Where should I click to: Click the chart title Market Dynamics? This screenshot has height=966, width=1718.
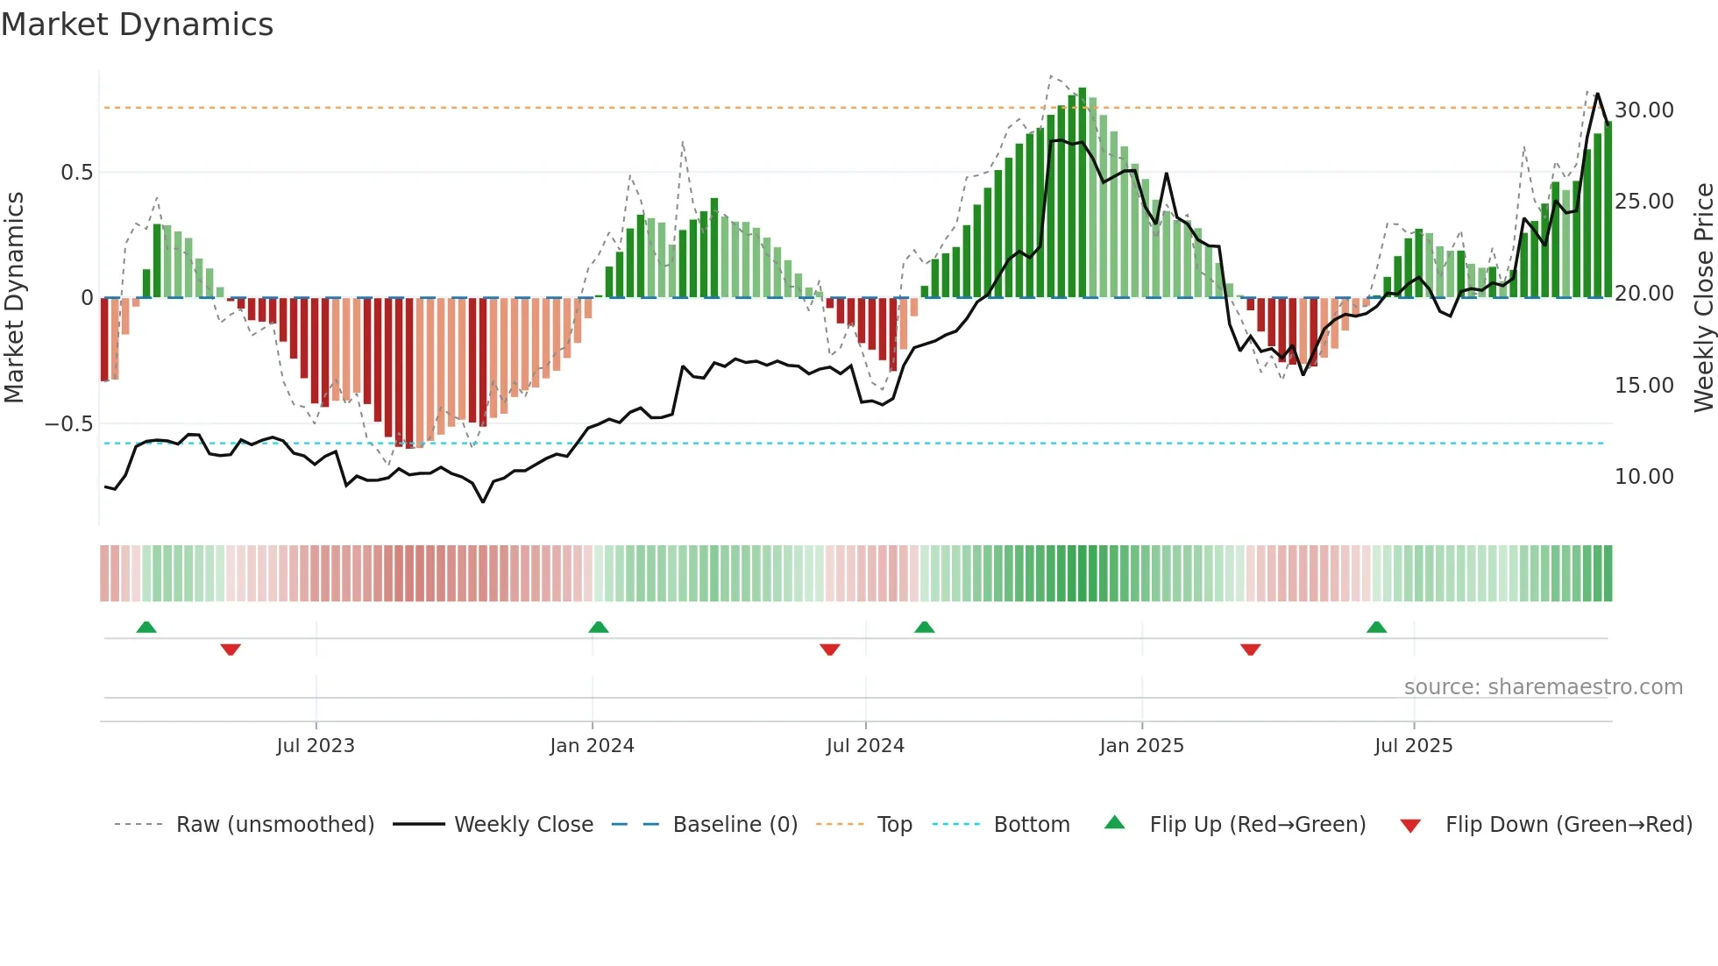(x=137, y=25)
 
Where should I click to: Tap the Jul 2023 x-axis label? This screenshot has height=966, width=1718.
(x=316, y=746)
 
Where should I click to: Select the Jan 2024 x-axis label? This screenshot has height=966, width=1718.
(x=592, y=746)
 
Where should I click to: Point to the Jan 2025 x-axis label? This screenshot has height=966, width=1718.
(x=1141, y=746)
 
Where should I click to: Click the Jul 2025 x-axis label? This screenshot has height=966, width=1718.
(x=1413, y=746)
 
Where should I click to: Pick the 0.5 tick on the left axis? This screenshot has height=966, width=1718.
(x=76, y=173)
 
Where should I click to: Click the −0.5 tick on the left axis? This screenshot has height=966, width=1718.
(x=69, y=424)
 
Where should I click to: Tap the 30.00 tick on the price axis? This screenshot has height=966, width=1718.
(x=1643, y=110)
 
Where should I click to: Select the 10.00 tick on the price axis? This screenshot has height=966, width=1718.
(x=1643, y=477)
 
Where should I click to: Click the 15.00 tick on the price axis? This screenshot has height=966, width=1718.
(x=1643, y=386)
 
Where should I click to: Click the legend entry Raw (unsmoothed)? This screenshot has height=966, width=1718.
(x=274, y=825)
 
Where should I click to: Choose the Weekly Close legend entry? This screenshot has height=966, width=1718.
(x=523, y=825)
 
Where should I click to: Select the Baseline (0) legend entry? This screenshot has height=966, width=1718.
(x=735, y=825)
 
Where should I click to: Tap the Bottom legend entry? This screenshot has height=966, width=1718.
(x=1031, y=825)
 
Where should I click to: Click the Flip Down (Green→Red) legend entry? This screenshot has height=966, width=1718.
(x=1568, y=825)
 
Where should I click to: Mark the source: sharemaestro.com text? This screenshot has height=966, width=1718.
(x=1543, y=687)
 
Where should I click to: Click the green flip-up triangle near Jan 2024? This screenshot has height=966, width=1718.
(x=599, y=628)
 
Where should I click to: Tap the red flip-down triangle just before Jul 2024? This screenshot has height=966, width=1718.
(x=830, y=650)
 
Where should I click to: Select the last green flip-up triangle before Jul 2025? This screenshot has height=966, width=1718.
(x=1376, y=628)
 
